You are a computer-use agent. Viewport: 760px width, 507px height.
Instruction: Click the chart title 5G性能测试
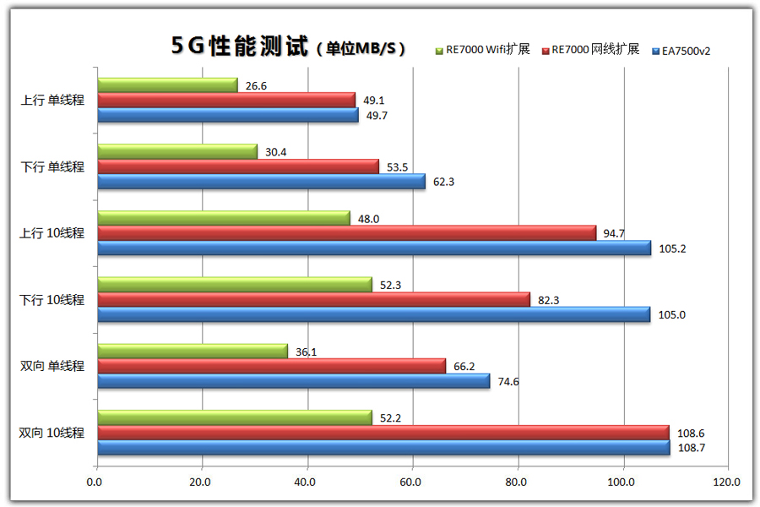coord(240,46)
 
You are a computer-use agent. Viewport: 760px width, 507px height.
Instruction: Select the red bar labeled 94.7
coord(346,232)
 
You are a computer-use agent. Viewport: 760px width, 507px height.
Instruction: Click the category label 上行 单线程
coord(52,101)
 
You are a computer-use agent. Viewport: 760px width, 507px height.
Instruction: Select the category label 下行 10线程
coord(52,300)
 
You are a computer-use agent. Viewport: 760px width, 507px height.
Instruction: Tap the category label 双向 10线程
coord(52,433)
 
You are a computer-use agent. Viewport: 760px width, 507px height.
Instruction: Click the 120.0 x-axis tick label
coord(725,482)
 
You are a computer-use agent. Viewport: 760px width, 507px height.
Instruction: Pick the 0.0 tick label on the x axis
coord(96,482)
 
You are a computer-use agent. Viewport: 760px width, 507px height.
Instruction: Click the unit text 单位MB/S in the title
coord(361,49)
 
